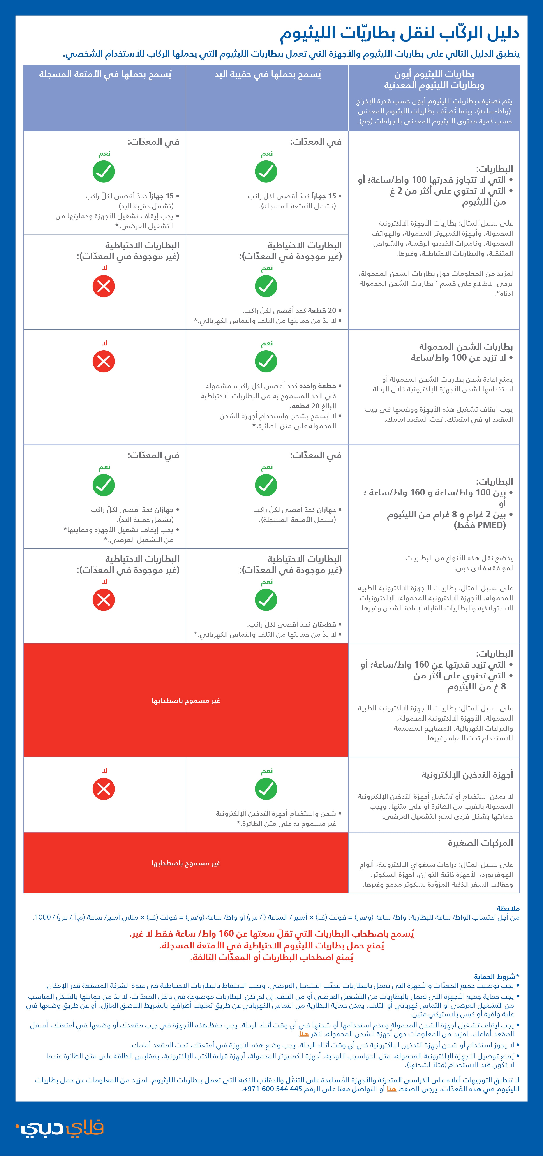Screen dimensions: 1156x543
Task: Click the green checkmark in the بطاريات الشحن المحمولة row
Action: (266, 361)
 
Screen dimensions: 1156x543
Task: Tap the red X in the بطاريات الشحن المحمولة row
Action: (104, 361)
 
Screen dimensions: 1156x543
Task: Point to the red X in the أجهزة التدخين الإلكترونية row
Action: (104, 789)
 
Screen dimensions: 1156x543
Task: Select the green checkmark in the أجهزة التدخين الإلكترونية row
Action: (266, 789)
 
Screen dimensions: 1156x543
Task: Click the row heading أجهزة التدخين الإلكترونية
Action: (467, 775)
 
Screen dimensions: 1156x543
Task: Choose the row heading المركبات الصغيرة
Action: (480, 843)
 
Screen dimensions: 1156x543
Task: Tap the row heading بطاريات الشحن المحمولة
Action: (466, 346)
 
